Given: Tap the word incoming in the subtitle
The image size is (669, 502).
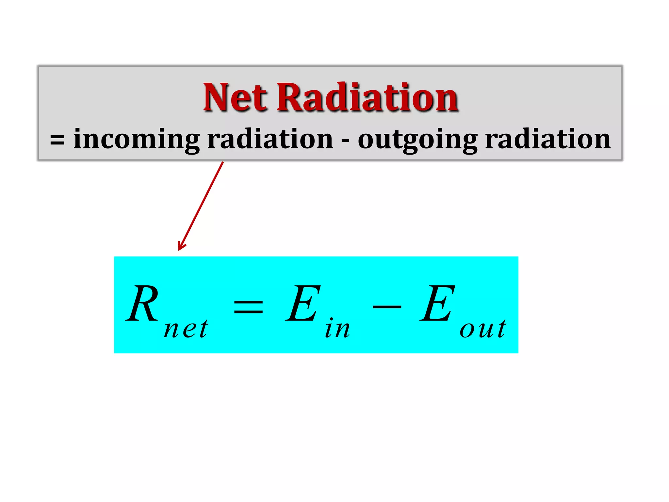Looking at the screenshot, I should tap(136, 140).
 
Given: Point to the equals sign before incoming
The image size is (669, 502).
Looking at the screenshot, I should tap(57, 141).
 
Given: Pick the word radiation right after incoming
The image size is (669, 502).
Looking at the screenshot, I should tap(270, 139).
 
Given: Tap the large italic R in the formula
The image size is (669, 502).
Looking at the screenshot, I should tap(142, 304).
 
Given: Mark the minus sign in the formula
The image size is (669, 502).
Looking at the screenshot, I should tap(387, 307).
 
